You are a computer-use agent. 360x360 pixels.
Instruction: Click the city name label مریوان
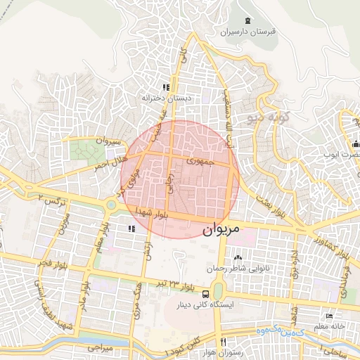click(221, 229)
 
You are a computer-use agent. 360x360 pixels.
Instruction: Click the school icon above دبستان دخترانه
click(166, 88)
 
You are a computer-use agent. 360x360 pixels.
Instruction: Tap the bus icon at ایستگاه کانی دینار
click(205, 294)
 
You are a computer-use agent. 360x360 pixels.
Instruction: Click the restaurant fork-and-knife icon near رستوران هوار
click(223, 342)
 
